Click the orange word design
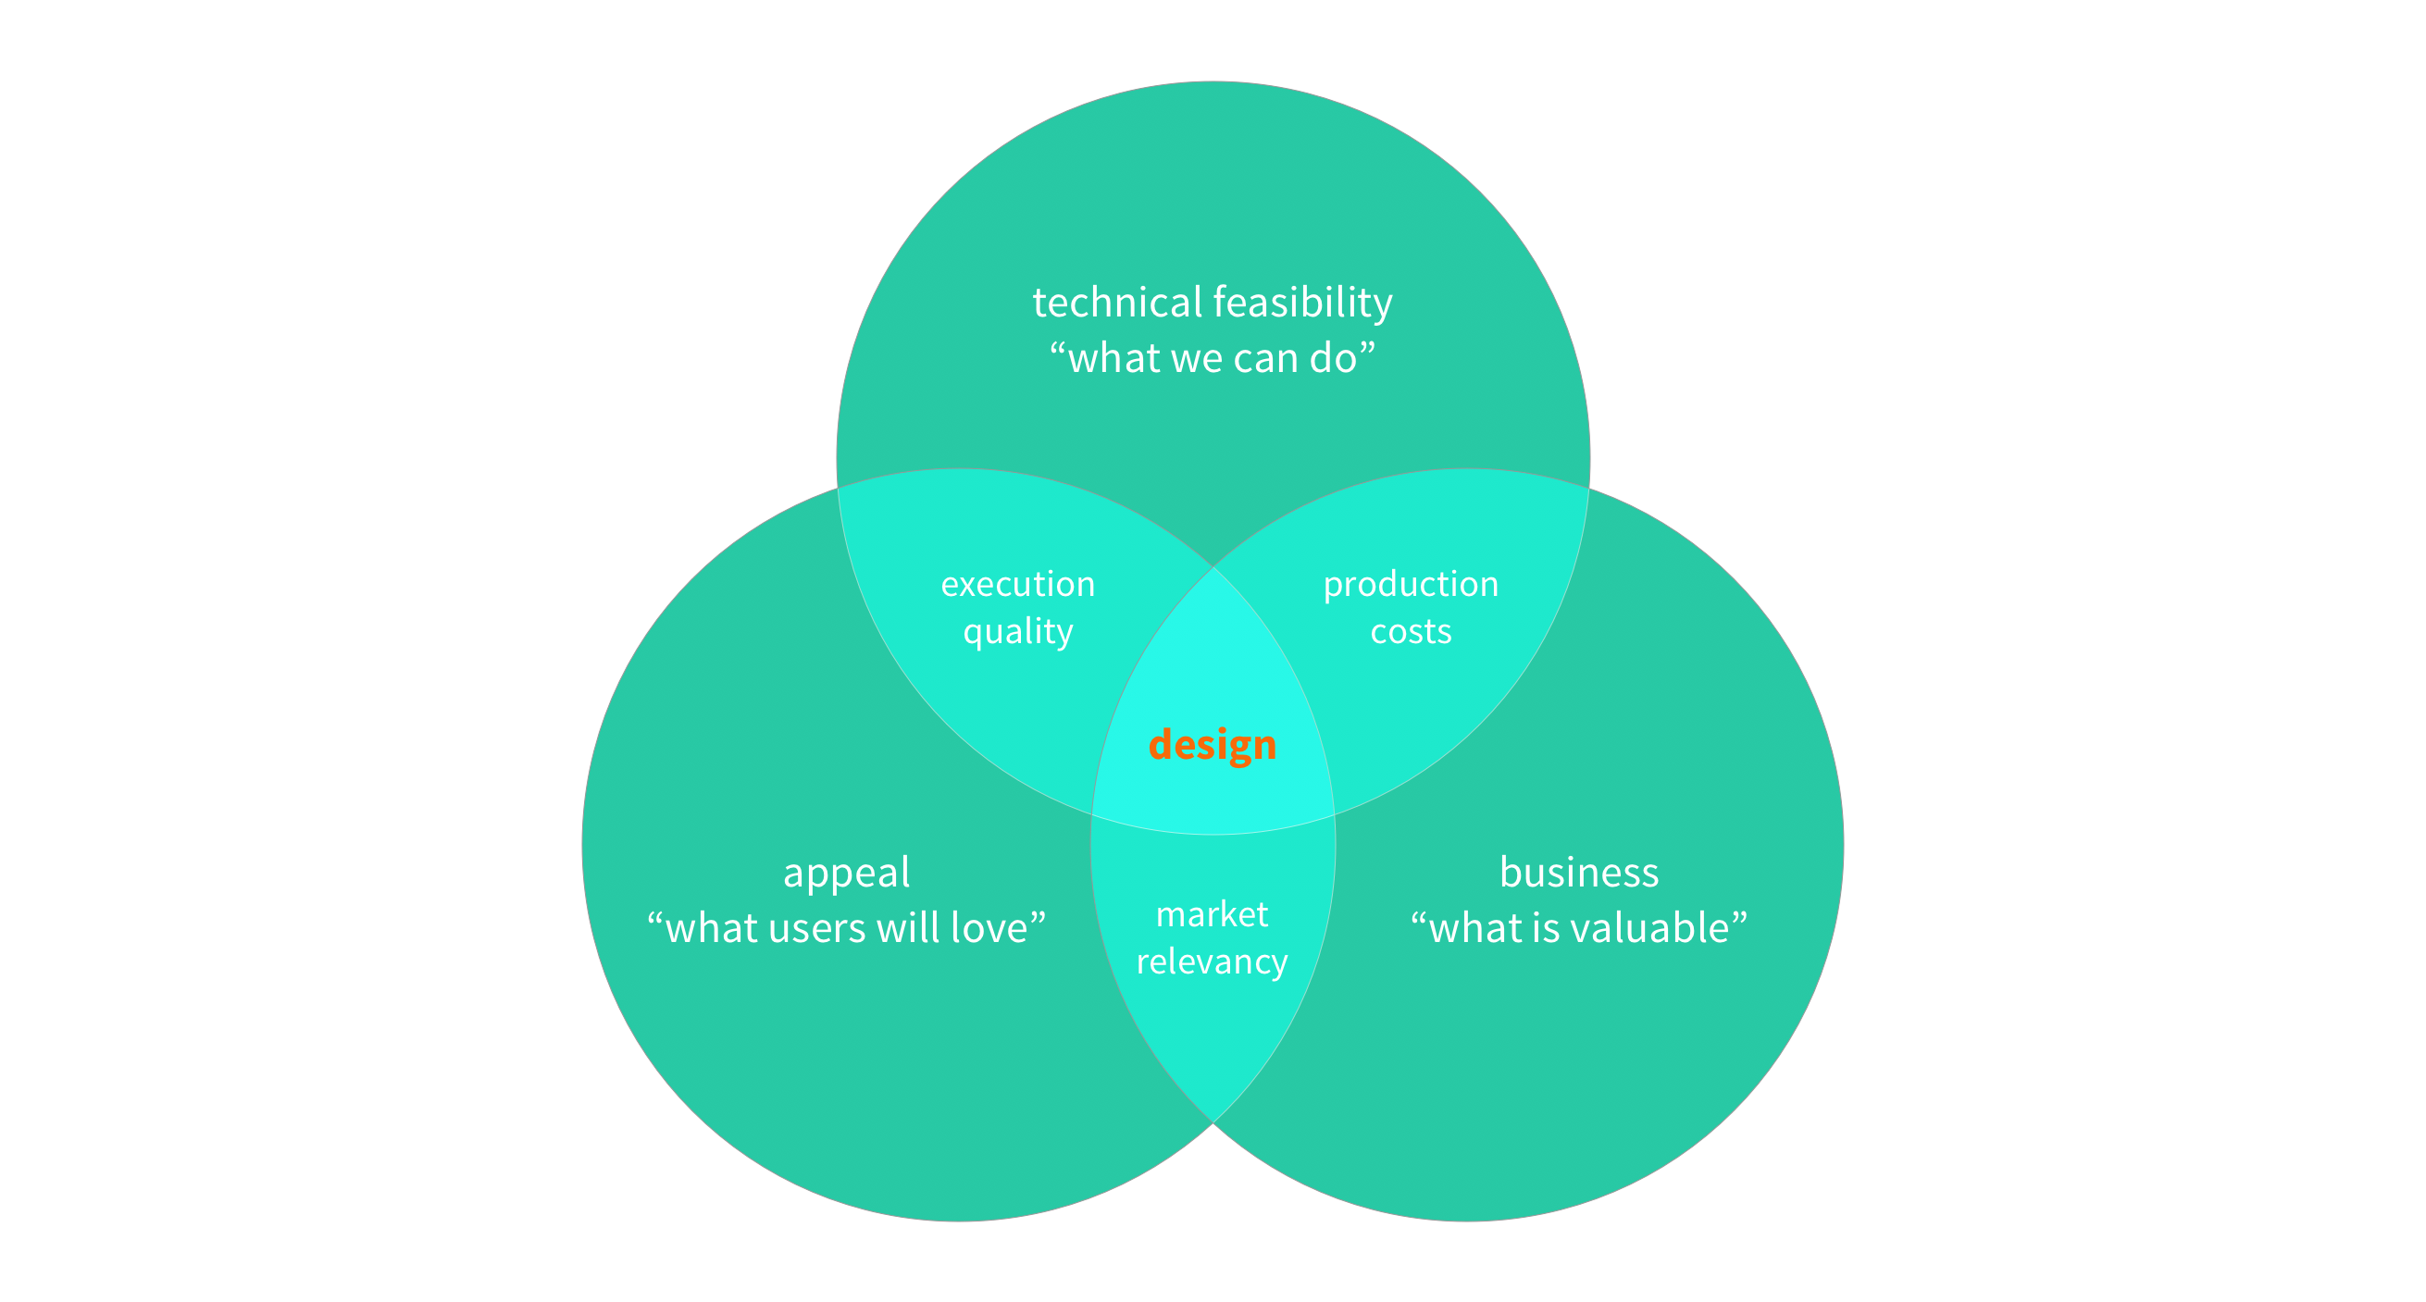tap(1212, 745)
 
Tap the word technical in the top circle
tap(1117, 304)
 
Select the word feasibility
tap(1303, 304)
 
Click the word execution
tap(1017, 585)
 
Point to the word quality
tap(1017, 633)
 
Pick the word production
tap(1410, 585)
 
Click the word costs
tap(1410, 632)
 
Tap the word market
tap(1211, 914)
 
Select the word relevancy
tap(1211, 961)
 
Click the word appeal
tap(846, 874)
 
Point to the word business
tap(1578, 873)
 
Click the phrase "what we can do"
tap(1212, 359)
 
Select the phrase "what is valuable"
tap(1578, 928)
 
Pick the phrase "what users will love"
tap(846, 928)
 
